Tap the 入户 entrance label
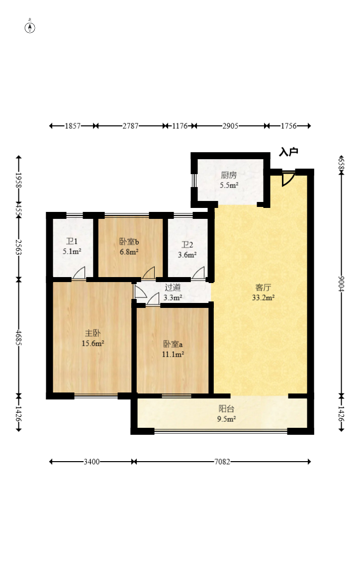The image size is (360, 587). tap(288, 152)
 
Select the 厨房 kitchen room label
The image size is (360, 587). tap(229, 175)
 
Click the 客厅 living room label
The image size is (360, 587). tap(263, 288)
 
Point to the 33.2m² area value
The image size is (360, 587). tap(264, 297)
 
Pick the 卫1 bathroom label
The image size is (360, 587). tap(72, 241)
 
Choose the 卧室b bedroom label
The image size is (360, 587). tap(129, 242)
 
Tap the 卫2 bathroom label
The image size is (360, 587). tap(187, 245)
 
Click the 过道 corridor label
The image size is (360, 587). tap(173, 288)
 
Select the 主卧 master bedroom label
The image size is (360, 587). tap(93, 333)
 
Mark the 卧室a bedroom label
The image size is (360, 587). tap(173, 344)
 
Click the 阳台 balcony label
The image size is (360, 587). tap(226, 409)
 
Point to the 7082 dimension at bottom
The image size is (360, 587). tap(222, 462)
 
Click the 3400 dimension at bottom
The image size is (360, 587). tap(91, 462)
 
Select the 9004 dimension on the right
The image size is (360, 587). tap(341, 284)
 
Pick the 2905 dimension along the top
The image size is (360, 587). tap(231, 126)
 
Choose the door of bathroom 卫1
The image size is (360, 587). tap(79, 273)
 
